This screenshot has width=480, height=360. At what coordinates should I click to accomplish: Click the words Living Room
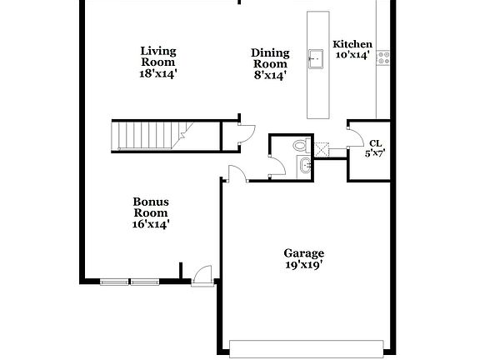pyautogui.click(x=158, y=57)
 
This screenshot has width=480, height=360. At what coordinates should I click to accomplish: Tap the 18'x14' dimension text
pyautogui.click(x=158, y=74)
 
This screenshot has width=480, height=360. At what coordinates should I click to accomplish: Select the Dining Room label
pyautogui.click(x=269, y=58)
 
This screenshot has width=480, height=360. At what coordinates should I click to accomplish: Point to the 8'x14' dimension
pyautogui.click(x=269, y=75)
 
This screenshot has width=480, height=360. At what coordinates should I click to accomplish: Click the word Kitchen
pyautogui.click(x=352, y=44)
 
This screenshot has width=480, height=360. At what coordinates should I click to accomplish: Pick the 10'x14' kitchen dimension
pyautogui.click(x=352, y=55)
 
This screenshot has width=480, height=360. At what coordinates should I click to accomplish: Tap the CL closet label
pyautogui.click(x=376, y=142)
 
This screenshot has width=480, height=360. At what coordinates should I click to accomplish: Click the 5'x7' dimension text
pyautogui.click(x=376, y=152)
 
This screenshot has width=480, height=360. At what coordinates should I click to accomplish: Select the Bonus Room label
pyautogui.click(x=151, y=207)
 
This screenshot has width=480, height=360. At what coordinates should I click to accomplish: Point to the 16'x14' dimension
pyautogui.click(x=151, y=223)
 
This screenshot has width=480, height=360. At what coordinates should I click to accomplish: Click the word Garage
pyautogui.click(x=303, y=253)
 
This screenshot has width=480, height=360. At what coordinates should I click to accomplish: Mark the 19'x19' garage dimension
pyautogui.click(x=303, y=265)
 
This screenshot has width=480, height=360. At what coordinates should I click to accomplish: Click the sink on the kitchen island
pyautogui.click(x=317, y=57)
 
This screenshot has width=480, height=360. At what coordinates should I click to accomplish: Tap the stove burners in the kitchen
pyautogui.click(x=383, y=57)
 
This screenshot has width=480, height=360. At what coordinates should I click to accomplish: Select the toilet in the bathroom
pyautogui.click(x=301, y=147)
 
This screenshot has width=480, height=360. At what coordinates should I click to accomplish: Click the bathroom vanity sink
pyautogui.click(x=303, y=167)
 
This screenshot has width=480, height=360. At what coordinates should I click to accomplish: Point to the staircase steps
pyautogui.click(x=146, y=136)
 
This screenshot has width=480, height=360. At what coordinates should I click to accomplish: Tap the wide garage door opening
pyautogui.click(x=307, y=347)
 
